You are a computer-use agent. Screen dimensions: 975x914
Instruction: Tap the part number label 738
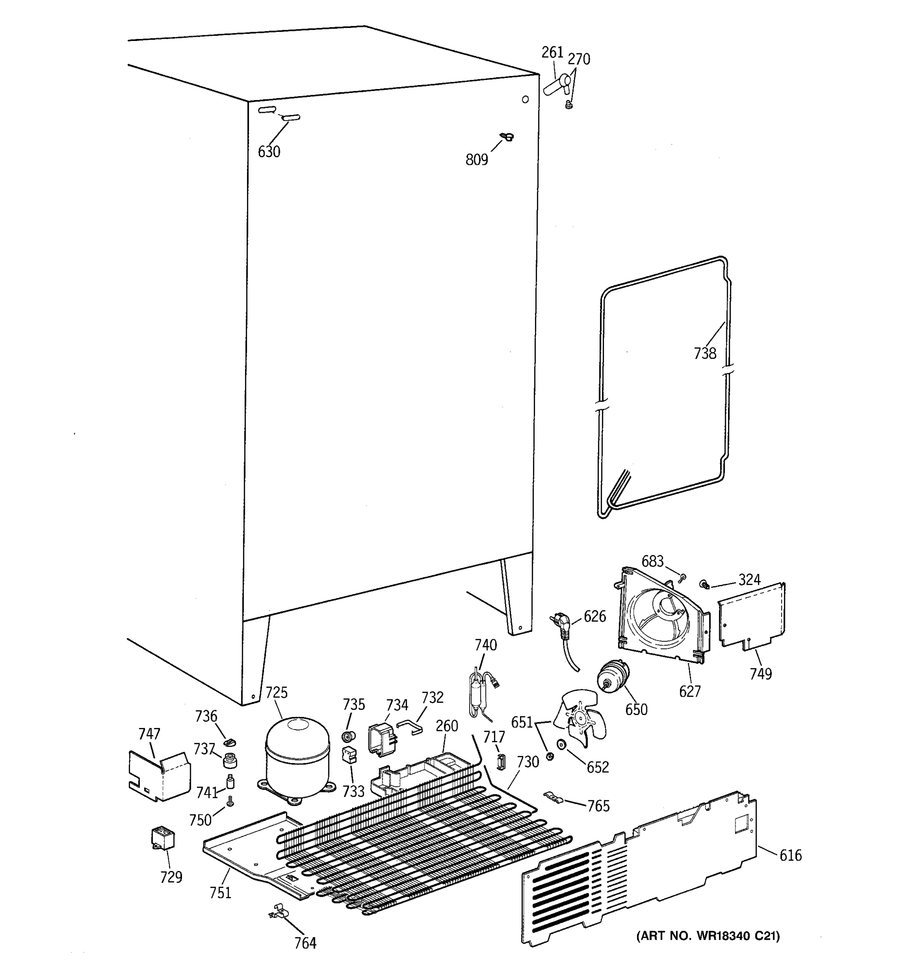click(x=705, y=353)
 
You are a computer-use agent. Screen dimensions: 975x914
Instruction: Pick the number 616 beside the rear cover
click(x=791, y=855)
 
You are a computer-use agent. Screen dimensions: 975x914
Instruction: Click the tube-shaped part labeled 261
click(x=557, y=85)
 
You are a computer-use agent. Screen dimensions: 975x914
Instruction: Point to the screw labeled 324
click(x=704, y=584)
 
